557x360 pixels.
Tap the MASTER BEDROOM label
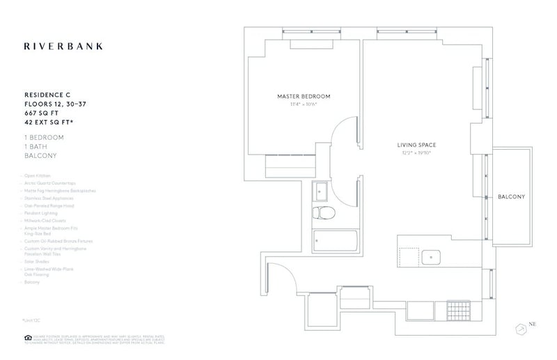(304, 96)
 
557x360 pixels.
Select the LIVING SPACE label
(416, 146)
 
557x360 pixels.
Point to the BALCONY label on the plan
(511, 197)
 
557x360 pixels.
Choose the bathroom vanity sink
(321, 190)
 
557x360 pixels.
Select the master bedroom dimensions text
(303, 104)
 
